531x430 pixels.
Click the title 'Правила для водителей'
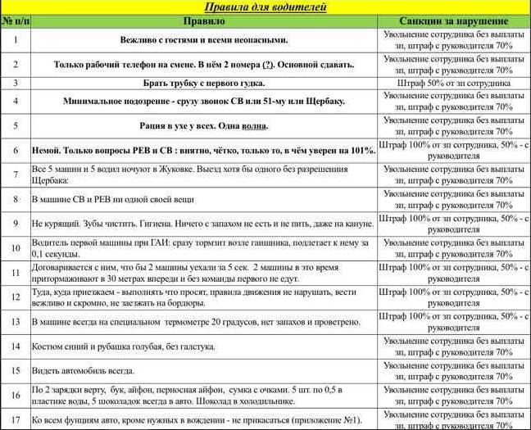click(265, 7)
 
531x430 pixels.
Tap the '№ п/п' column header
click(16, 20)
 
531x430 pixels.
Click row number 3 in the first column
click(16, 83)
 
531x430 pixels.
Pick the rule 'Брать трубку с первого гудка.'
click(203, 83)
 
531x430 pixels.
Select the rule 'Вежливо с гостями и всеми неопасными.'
click(203, 39)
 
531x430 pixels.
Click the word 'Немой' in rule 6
click(46, 151)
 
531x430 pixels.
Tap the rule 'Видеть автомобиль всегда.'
click(84, 370)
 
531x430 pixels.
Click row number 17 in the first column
click(16, 420)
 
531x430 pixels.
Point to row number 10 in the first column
click(16, 248)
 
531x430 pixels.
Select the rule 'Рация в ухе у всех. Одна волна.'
click(203, 126)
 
